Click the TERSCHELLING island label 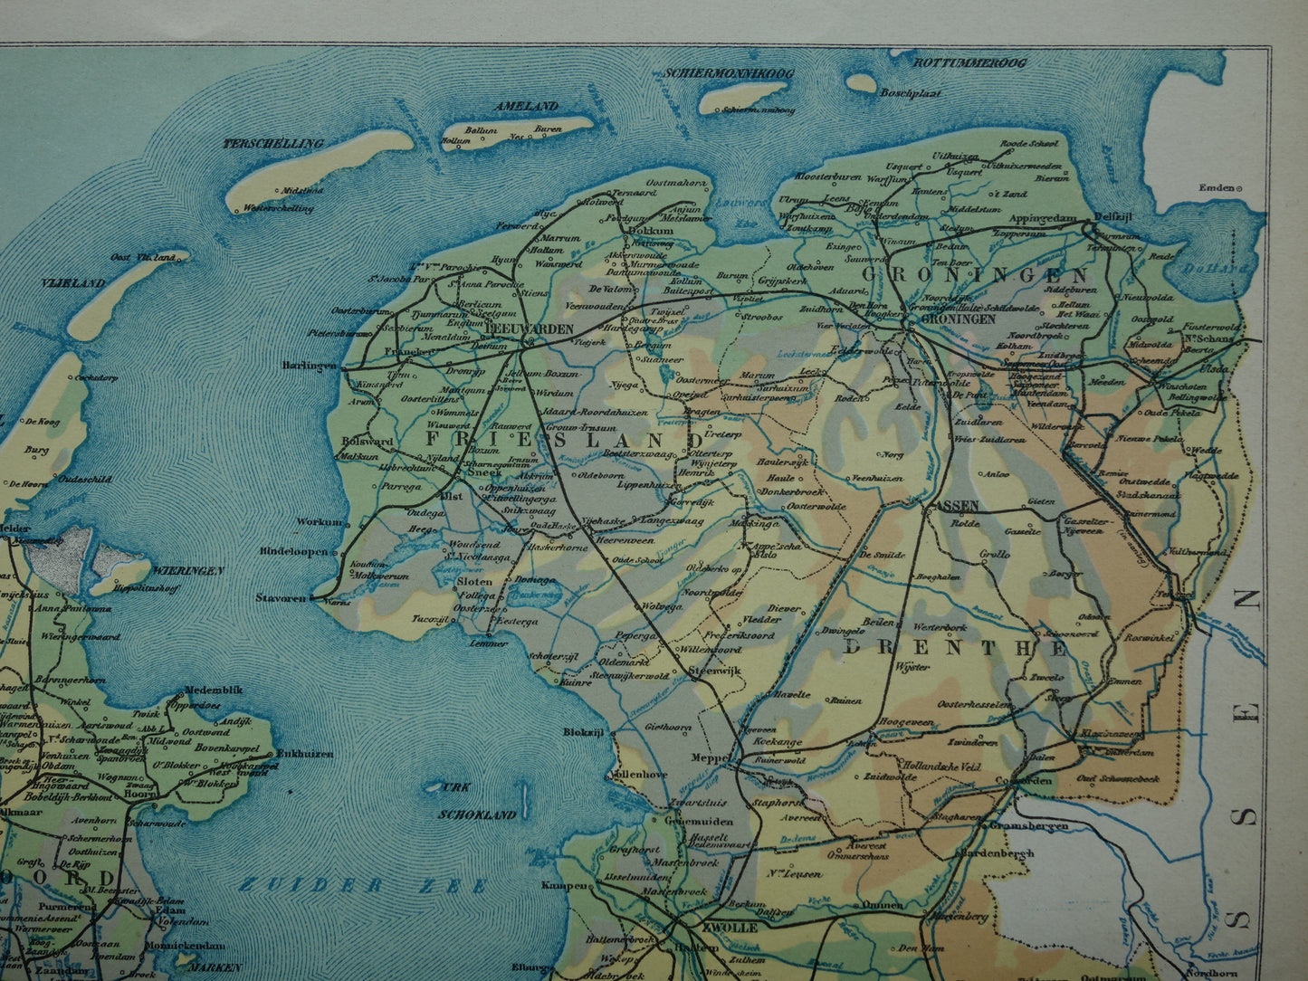coord(273,144)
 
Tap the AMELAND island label coord(534,106)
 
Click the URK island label coord(455,787)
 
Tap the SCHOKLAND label coord(477,814)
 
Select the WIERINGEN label coord(187,571)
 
